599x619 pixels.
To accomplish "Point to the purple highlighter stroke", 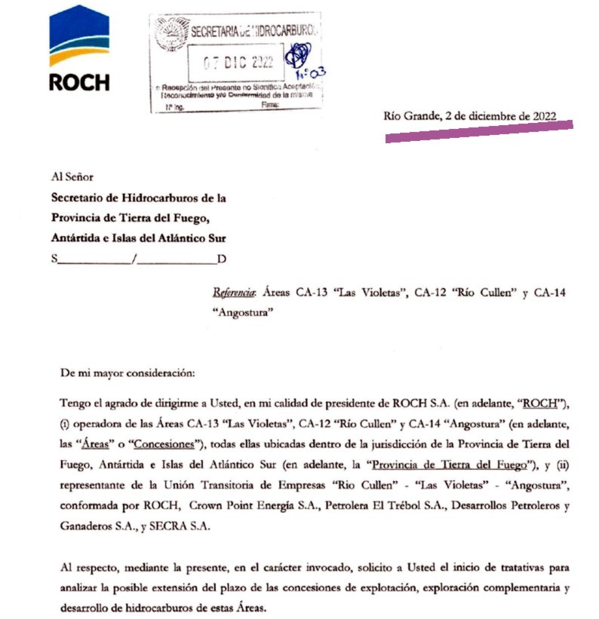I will coord(479,130).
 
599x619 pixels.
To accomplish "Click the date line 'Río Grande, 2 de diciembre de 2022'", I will coord(470,116).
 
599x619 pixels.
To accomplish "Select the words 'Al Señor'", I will coord(71,178).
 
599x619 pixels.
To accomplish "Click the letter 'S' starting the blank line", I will coord(54,259).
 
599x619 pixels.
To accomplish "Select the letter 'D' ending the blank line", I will coord(222,259).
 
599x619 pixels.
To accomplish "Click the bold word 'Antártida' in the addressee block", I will coord(78,238).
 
